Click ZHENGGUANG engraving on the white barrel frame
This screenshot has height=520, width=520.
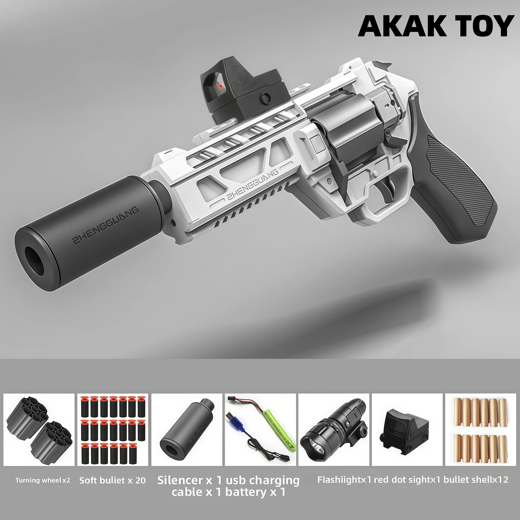[x=252, y=185]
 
